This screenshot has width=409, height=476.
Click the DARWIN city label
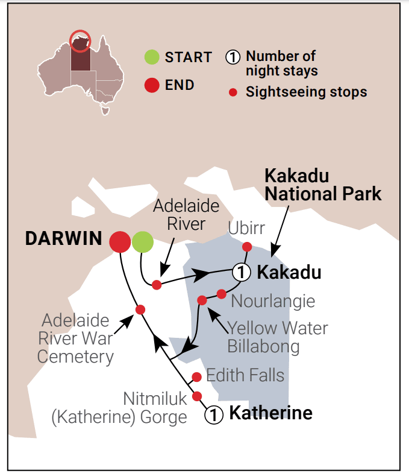63,239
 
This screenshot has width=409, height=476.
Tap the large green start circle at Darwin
143,242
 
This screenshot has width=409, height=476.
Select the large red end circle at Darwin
120,242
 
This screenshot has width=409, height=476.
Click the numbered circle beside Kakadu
242,272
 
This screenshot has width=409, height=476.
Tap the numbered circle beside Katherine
214,414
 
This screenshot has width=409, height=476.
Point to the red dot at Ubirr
246,246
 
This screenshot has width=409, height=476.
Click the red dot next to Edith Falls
196,377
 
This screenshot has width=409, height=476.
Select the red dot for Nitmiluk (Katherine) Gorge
196,396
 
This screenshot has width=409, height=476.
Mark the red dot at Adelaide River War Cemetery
140,309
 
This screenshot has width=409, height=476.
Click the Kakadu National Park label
323,185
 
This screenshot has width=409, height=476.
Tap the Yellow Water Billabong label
278,337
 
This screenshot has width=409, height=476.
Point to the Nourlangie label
273,300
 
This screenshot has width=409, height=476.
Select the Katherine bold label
271,414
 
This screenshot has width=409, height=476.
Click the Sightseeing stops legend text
306,92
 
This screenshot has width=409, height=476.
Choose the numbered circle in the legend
234,58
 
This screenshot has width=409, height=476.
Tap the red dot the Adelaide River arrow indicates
157,285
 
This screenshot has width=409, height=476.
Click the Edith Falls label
245,375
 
